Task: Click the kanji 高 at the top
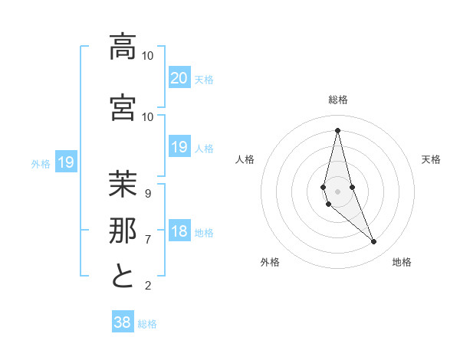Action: click(x=123, y=47)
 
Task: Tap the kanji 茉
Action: click(x=123, y=185)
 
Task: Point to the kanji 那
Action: click(x=123, y=231)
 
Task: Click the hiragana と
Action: click(x=123, y=277)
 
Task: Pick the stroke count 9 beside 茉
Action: click(x=148, y=193)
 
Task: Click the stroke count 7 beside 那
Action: click(x=148, y=239)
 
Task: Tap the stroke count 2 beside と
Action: click(x=148, y=286)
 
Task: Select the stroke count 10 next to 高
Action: click(x=148, y=56)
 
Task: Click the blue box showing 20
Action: click(x=179, y=77)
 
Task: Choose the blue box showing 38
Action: click(x=123, y=322)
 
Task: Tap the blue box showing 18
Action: click(x=179, y=231)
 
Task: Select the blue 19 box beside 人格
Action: click(x=179, y=147)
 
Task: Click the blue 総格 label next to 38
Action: click(x=147, y=324)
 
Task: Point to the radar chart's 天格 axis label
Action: click(x=431, y=159)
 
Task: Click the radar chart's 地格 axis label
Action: click(x=402, y=262)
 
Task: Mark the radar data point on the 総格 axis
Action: click(x=337, y=130)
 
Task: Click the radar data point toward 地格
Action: click(x=374, y=242)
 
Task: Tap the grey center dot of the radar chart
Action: click(x=337, y=191)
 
